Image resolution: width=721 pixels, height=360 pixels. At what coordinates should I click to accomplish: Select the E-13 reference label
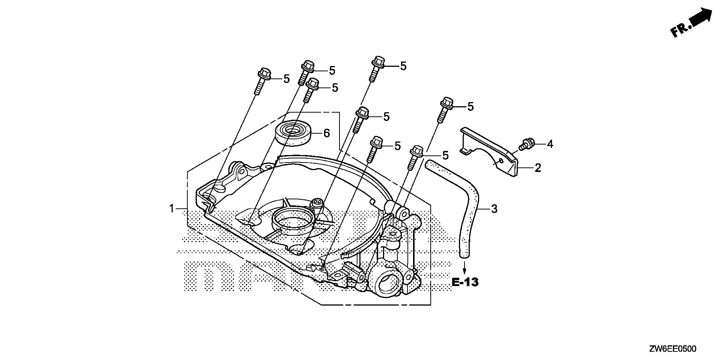pyautogui.click(x=465, y=282)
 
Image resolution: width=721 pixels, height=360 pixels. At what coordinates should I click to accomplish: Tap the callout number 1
pyautogui.click(x=172, y=208)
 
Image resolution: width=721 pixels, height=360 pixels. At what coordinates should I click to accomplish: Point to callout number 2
pyautogui.click(x=538, y=168)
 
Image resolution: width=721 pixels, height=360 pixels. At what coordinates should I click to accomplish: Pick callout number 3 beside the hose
pyautogui.click(x=494, y=208)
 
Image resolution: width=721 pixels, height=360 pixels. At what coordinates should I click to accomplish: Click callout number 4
pyautogui.click(x=550, y=144)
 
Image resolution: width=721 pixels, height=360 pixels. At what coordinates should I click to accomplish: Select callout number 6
pyautogui.click(x=326, y=133)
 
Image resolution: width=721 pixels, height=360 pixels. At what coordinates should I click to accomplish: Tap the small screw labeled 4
pyautogui.click(x=526, y=143)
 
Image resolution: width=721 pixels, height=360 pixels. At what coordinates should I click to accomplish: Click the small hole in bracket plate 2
pyautogui.click(x=501, y=161)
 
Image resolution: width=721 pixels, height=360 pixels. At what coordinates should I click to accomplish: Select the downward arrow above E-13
pyautogui.click(x=465, y=268)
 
